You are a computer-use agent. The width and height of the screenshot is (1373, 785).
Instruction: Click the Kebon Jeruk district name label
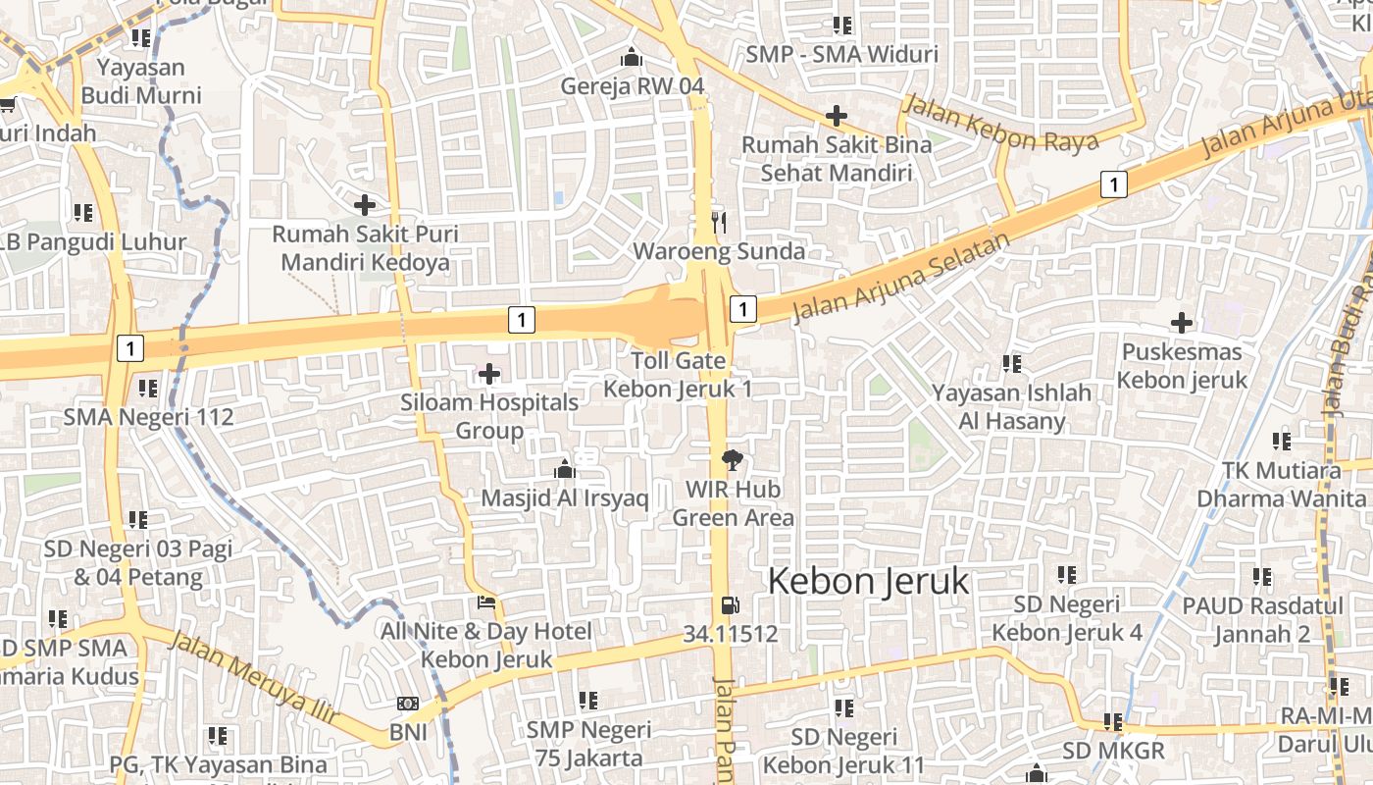(868, 581)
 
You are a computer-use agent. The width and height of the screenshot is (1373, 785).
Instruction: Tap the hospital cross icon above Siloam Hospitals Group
(488, 374)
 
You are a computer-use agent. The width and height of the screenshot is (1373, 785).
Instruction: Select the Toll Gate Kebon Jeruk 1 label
(678, 375)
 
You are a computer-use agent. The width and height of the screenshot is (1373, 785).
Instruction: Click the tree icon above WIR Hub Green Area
(732, 459)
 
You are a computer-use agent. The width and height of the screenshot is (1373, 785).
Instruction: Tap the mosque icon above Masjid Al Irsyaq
(564, 470)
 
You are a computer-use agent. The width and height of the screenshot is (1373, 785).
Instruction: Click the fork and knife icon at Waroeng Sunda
(719, 223)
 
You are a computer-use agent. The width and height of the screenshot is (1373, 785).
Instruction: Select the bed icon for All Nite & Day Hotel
(486, 602)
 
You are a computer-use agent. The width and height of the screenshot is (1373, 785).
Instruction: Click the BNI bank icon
(408, 704)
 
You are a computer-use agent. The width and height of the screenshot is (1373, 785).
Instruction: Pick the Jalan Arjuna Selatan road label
(900, 278)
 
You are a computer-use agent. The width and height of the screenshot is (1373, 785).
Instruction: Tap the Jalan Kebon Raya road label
(1000, 124)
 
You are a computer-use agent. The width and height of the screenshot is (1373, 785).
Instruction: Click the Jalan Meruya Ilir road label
(252, 680)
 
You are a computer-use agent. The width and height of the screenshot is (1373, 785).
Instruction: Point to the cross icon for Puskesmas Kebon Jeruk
(1182, 322)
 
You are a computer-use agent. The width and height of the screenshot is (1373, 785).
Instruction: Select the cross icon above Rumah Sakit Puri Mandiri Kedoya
(365, 205)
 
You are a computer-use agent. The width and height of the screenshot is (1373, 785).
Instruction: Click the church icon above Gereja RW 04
(632, 57)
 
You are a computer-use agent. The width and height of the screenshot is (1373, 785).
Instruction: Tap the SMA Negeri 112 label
(149, 417)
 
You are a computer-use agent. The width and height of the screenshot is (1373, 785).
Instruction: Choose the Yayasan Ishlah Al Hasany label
(1012, 407)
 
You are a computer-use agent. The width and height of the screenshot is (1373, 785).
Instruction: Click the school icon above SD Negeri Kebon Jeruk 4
(1066, 575)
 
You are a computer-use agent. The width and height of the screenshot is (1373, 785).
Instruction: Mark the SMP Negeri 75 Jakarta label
(588, 744)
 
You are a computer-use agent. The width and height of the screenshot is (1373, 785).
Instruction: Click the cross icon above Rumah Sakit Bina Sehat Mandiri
(836, 116)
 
